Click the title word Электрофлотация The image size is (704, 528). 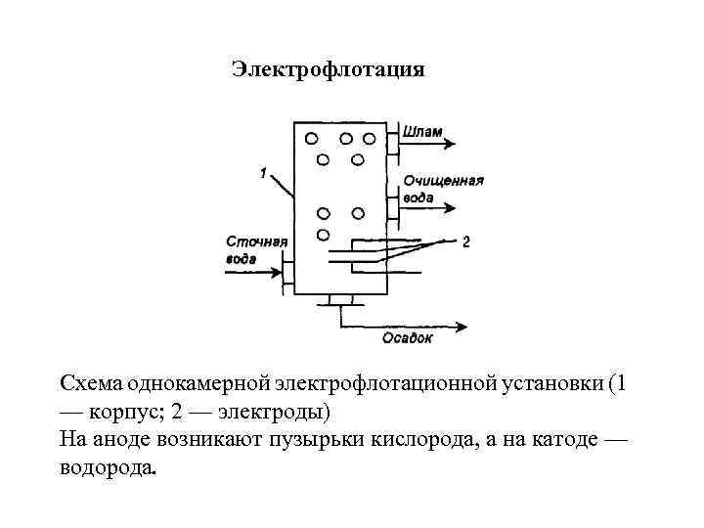click(x=328, y=69)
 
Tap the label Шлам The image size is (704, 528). click(x=421, y=132)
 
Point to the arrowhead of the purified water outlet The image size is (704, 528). click(x=451, y=207)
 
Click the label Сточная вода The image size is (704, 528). click(x=256, y=249)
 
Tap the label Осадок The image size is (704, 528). click(x=407, y=338)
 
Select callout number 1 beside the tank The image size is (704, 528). click(x=264, y=173)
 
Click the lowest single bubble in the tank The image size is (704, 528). click(x=322, y=236)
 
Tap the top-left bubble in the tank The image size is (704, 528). click(x=311, y=137)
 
